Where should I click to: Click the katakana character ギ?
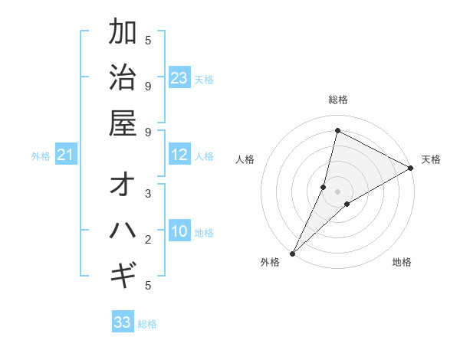pyautogui.click(x=123, y=274)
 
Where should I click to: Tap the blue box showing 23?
pyautogui.click(x=179, y=78)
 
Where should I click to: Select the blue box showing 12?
pyautogui.click(x=179, y=155)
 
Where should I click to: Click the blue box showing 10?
pyautogui.click(x=179, y=232)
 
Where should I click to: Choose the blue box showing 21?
pyautogui.click(x=66, y=155)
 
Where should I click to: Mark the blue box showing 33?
pyautogui.click(x=123, y=322)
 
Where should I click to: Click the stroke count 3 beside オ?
pyautogui.click(x=148, y=194)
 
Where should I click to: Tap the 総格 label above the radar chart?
pyautogui.click(x=337, y=100)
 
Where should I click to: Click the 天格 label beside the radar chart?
pyautogui.click(x=431, y=159)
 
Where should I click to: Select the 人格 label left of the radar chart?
pyautogui.click(x=245, y=159)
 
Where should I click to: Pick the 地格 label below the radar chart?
pyautogui.click(x=402, y=263)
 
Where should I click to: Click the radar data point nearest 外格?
pyautogui.click(x=292, y=253)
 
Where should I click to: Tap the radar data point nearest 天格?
pyautogui.click(x=411, y=168)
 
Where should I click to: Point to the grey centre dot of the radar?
pyautogui.click(x=337, y=191)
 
